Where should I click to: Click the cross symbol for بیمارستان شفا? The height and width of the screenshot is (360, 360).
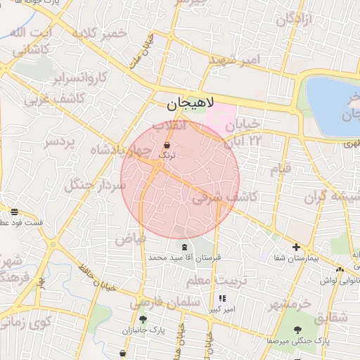pyautogui.click(x=297, y=247)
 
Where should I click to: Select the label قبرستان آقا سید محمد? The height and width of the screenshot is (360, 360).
pyautogui.click(x=184, y=258)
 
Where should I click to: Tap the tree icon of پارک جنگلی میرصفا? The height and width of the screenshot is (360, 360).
pyautogui.click(x=300, y=329)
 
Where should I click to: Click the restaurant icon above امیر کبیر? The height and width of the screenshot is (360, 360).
pyautogui.click(x=222, y=298)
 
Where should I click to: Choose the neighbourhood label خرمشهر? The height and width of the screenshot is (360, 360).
pyautogui.click(x=288, y=304)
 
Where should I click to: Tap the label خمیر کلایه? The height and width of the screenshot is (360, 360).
pyautogui.click(x=103, y=33)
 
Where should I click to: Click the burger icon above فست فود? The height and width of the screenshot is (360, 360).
pyautogui.click(x=14, y=212)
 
